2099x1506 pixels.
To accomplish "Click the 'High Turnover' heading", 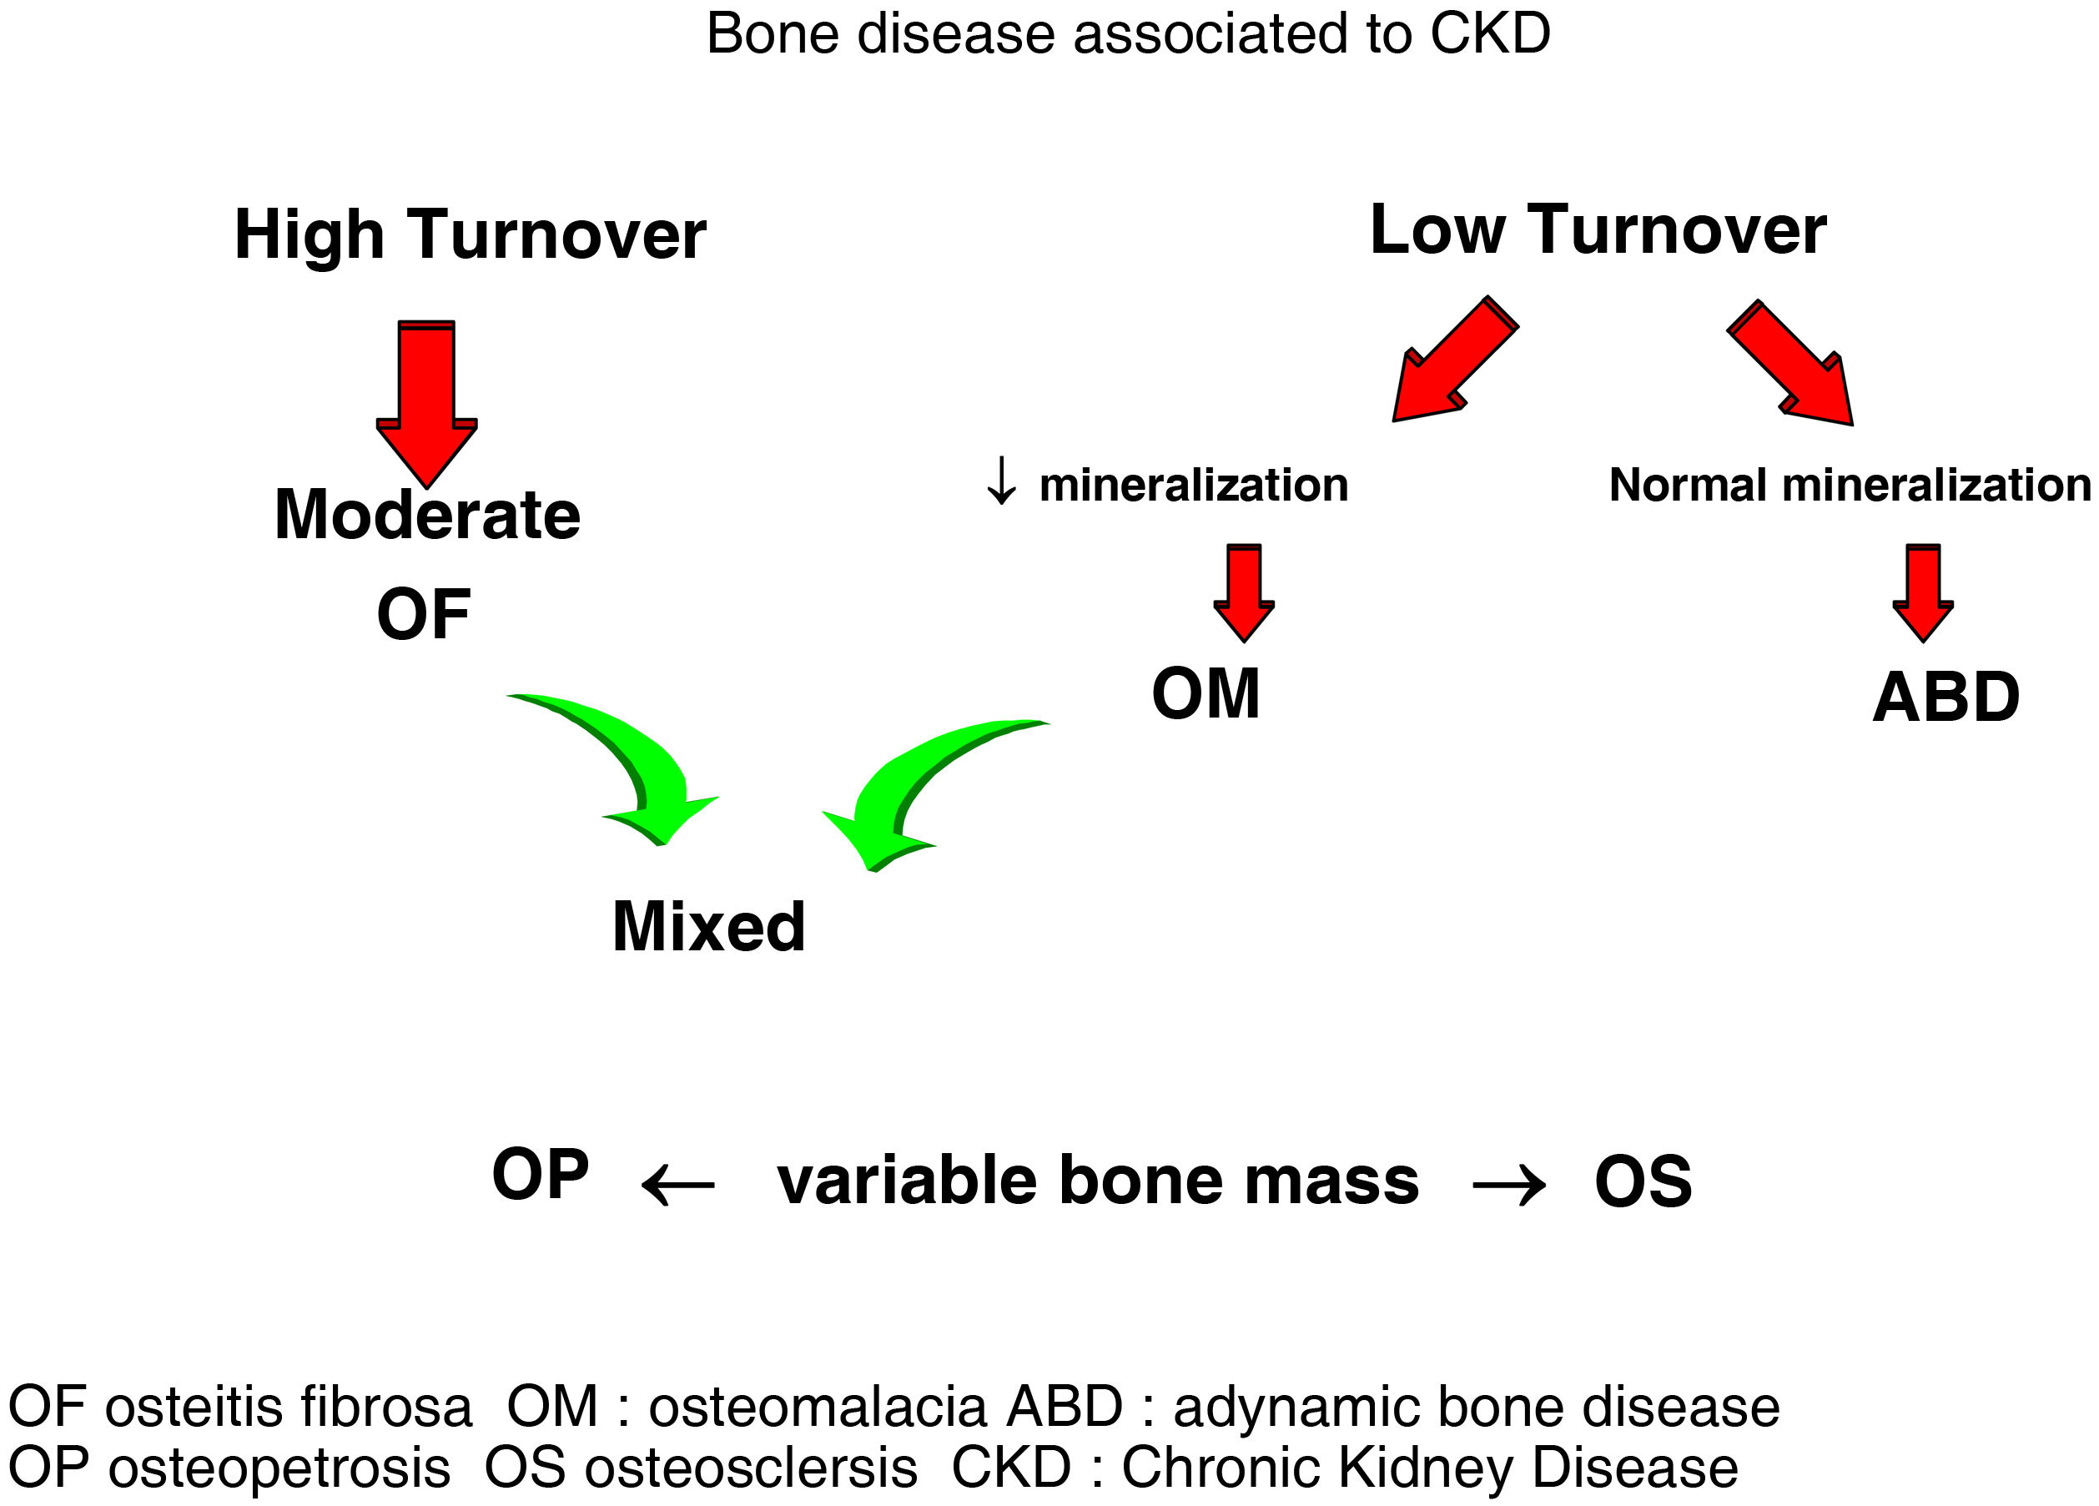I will tap(471, 235).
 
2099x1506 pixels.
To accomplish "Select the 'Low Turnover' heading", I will tap(1598, 230).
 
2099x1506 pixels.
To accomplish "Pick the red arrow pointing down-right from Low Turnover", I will tap(1794, 366).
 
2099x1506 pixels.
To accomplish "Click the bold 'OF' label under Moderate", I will tap(423, 614).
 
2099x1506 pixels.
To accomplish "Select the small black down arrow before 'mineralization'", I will tap(1000, 481).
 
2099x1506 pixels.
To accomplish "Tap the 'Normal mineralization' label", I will tap(1849, 485).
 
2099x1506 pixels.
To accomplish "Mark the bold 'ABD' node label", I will tap(1946, 697).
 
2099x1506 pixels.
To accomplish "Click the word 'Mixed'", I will tap(709, 927).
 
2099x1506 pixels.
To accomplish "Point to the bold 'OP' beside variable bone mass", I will tap(541, 1174).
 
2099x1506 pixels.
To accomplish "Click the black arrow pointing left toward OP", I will tap(678, 1184).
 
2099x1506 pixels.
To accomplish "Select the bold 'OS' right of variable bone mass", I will tap(1643, 1182).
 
